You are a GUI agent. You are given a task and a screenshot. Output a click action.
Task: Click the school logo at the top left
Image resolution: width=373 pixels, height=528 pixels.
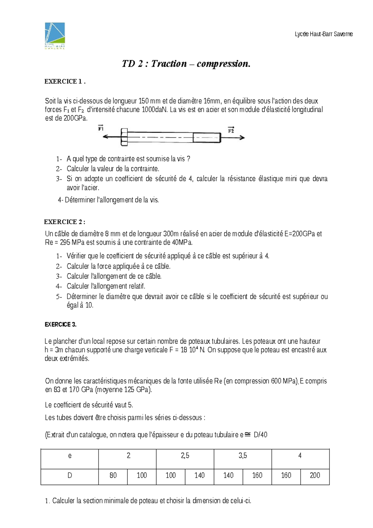click(x=55, y=35)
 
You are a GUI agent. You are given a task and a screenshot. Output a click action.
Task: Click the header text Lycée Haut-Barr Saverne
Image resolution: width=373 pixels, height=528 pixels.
click(x=324, y=34)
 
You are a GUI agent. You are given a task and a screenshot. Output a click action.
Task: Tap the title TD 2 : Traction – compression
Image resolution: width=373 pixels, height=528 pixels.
click(x=186, y=64)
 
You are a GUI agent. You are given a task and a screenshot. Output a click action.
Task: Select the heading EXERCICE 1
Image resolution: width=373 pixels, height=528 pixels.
click(x=65, y=82)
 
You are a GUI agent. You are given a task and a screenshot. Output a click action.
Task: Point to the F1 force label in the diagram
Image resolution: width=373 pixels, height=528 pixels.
click(x=101, y=128)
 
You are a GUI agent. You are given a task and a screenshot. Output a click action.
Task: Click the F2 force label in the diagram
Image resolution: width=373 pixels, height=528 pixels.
click(x=231, y=130)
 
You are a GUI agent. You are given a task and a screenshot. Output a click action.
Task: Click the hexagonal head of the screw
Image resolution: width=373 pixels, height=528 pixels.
click(x=124, y=137)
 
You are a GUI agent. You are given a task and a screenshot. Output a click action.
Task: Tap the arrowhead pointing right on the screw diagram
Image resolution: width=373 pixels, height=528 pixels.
click(x=242, y=137)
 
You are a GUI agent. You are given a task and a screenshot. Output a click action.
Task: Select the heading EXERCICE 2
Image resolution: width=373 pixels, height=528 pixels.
click(x=64, y=222)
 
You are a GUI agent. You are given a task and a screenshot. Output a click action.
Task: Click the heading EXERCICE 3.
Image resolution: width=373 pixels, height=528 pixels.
click(x=61, y=324)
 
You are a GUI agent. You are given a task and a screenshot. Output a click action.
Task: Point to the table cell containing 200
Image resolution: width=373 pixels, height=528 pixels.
click(x=315, y=475)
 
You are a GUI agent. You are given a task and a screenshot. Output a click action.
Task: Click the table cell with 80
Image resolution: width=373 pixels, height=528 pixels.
click(x=113, y=475)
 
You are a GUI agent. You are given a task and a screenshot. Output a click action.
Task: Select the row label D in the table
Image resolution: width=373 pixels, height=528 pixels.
click(x=70, y=475)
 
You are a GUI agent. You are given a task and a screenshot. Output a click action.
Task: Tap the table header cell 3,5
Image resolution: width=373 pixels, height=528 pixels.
click(x=243, y=456)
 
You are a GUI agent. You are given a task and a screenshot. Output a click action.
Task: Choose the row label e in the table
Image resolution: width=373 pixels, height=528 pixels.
click(x=70, y=456)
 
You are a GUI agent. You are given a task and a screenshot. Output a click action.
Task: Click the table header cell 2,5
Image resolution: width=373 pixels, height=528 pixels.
click(x=185, y=456)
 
